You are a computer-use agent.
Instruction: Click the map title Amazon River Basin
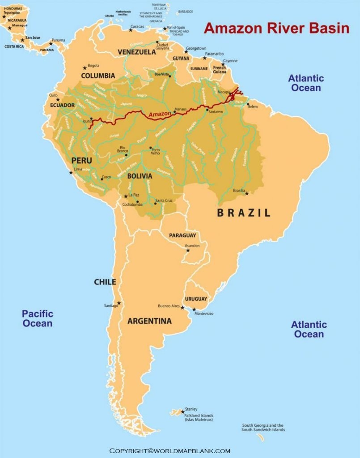(x=276, y=28)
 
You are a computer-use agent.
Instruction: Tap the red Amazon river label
(x=160, y=114)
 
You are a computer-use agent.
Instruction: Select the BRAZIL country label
(x=244, y=213)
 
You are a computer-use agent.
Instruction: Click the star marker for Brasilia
(x=246, y=194)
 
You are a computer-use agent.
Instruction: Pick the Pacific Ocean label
(x=38, y=318)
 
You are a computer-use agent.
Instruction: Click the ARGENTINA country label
(x=149, y=321)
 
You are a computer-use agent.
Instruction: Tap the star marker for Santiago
(x=119, y=303)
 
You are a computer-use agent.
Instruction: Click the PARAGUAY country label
(x=182, y=235)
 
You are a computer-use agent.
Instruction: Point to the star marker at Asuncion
(x=188, y=250)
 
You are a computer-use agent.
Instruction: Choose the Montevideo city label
(x=204, y=314)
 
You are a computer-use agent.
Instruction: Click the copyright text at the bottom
(x=170, y=451)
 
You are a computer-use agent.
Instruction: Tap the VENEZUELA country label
(x=136, y=52)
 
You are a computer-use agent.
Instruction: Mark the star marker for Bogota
(x=84, y=68)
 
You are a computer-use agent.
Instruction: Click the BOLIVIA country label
(x=140, y=176)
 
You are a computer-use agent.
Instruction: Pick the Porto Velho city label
(x=156, y=152)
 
